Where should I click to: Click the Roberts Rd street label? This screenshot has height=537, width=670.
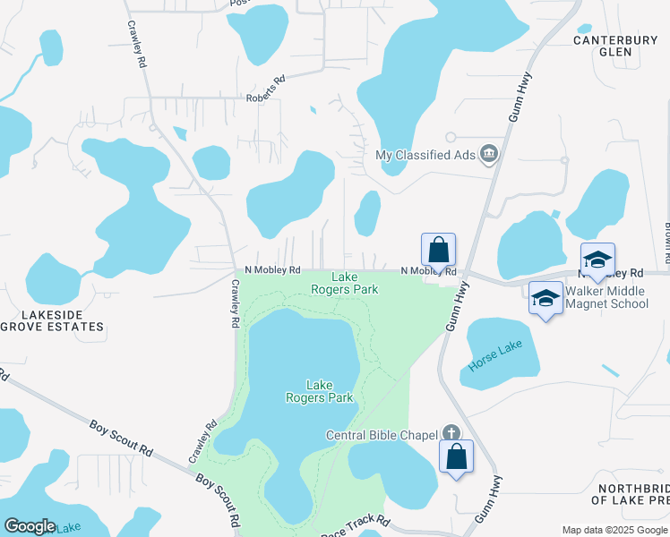click(265, 89)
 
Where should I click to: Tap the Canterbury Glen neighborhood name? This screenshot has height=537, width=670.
click(616, 46)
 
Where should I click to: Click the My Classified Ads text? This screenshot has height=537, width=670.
click(425, 155)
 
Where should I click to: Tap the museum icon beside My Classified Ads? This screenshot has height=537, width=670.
click(489, 155)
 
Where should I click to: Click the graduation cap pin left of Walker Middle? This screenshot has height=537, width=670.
click(545, 298)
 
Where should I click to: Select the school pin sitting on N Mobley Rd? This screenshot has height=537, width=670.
click(597, 260)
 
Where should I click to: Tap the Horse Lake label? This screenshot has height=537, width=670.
click(495, 357)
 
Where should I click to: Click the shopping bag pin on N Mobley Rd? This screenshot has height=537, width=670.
click(439, 250)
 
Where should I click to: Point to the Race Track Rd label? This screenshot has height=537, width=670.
click(356, 523)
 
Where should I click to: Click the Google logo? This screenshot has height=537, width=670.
click(30, 526)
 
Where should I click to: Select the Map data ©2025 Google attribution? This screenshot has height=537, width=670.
click(614, 530)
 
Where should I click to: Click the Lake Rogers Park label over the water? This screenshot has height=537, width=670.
click(320, 391)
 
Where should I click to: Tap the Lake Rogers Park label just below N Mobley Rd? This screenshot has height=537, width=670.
click(345, 283)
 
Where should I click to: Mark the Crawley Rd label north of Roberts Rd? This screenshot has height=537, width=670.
click(137, 47)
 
